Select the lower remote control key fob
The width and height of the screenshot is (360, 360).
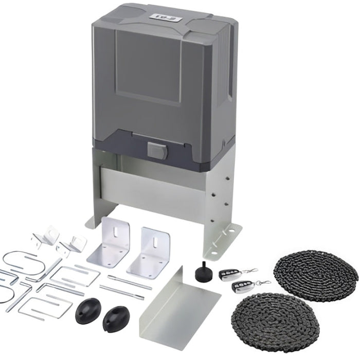click(240, 286)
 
